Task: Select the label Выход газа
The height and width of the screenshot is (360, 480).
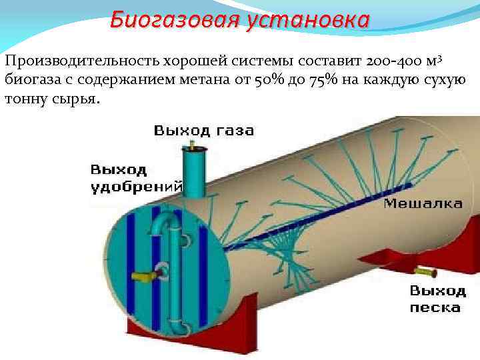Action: [203, 131]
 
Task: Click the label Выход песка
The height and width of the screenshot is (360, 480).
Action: [437, 299]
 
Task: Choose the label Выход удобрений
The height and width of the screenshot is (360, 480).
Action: [135, 177]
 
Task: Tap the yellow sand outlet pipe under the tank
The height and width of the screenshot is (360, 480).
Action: [424, 271]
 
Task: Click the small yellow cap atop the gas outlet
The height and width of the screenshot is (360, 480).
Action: [193, 145]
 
